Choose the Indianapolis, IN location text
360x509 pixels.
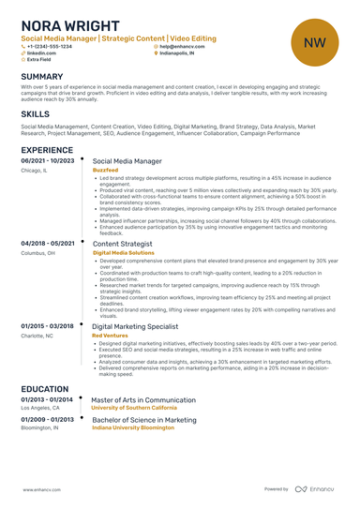click(x=179, y=53)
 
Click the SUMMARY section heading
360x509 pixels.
click(x=42, y=76)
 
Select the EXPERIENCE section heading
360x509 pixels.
click(x=47, y=149)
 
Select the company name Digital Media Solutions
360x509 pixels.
click(x=123, y=252)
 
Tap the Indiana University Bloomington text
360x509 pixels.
click(x=132, y=428)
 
